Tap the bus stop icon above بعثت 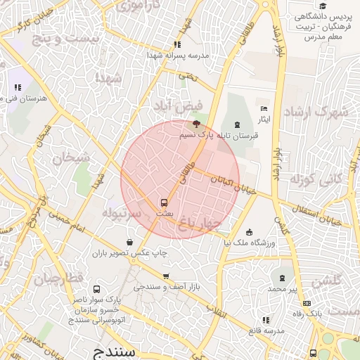click(x=164, y=202)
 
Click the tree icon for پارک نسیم click(x=195, y=124)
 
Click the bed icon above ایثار click(x=264, y=108)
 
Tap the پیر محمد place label click(x=283, y=289)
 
